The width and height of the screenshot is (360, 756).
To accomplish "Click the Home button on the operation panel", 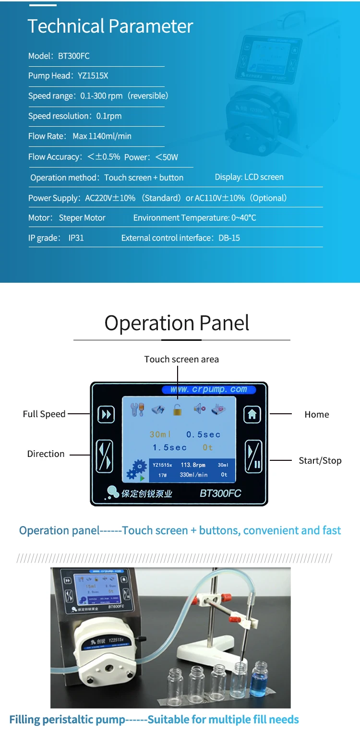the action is pyautogui.click(x=252, y=414).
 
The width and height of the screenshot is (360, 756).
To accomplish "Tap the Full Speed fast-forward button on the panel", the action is pyautogui.click(x=106, y=414).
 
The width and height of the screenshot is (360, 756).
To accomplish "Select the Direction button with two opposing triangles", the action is pyautogui.click(x=105, y=456).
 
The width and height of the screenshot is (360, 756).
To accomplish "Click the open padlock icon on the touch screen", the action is pyautogui.click(x=178, y=409).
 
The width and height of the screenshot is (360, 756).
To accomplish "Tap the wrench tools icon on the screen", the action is pyautogui.click(x=137, y=409).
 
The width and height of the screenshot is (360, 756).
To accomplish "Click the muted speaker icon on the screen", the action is pyautogui.click(x=199, y=409).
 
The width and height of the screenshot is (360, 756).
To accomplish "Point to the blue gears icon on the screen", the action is pyautogui.click(x=136, y=469).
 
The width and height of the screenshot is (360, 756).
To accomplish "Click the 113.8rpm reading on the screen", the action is pyautogui.click(x=193, y=465).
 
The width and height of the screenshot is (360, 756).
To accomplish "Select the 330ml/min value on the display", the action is pyautogui.click(x=193, y=475).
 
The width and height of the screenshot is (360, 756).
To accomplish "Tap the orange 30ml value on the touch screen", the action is pyautogui.click(x=160, y=434).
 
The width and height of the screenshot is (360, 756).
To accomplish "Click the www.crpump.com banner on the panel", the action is pyautogui.click(x=208, y=389).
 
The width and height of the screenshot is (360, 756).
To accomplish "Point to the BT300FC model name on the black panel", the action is pyautogui.click(x=220, y=493).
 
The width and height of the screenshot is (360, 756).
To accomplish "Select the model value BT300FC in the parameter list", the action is pyautogui.click(x=74, y=56).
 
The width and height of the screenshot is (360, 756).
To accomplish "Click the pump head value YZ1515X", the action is pyautogui.click(x=93, y=75).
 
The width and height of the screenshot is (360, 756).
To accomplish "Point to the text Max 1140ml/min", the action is pyautogui.click(x=102, y=136).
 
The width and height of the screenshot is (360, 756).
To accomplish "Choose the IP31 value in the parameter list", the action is pyautogui.click(x=76, y=238).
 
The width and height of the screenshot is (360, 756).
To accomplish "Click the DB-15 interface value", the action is pyautogui.click(x=229, y=238).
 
